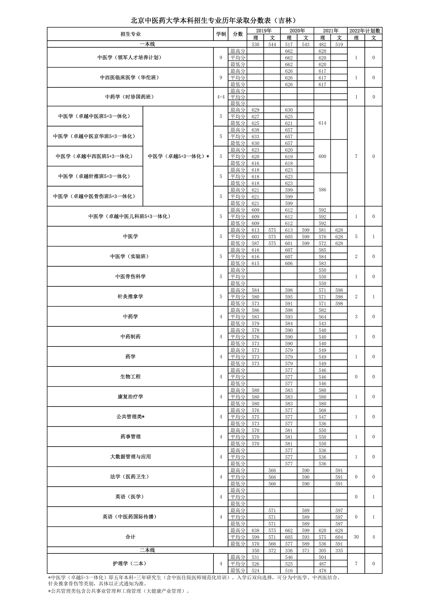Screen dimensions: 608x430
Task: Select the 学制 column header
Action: (x=221, y=34)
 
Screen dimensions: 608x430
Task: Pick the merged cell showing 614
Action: (x=322, y=123)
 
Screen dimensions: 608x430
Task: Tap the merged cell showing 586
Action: (x=322, y=190)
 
